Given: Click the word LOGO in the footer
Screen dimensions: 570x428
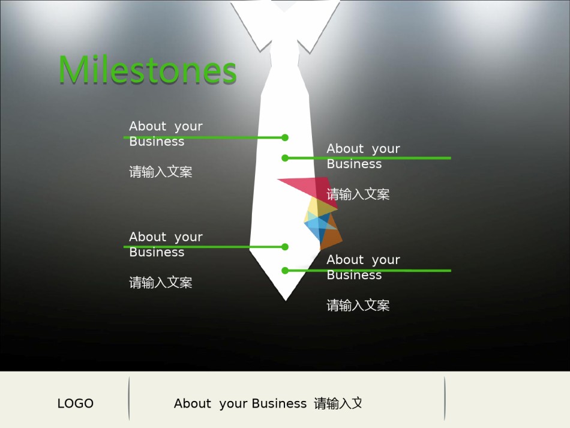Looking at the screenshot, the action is [75, 403].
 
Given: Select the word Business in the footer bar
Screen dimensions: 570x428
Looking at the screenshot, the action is [279, 403].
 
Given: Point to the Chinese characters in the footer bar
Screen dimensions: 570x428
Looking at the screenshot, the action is [338, 403].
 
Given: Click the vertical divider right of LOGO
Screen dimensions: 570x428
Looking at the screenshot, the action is [129, 399].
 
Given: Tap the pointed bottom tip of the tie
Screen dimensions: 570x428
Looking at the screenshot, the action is [286, 300].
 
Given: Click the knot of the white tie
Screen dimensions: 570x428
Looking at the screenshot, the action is [284, 55].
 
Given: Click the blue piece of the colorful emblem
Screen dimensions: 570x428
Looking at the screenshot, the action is [317, 226].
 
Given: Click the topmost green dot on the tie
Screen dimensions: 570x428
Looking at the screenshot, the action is [285, 137].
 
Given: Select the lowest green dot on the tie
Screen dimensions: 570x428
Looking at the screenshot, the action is [285, 271].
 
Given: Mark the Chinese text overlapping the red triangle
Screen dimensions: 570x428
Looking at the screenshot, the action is [358, 194].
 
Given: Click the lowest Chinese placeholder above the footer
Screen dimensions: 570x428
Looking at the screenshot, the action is [358, 305].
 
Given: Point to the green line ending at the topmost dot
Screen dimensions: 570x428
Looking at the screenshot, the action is [204, 137].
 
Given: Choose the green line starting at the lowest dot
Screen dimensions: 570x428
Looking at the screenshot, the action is [368, 271].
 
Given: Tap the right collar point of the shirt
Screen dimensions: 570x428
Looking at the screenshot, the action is [310, 53].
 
